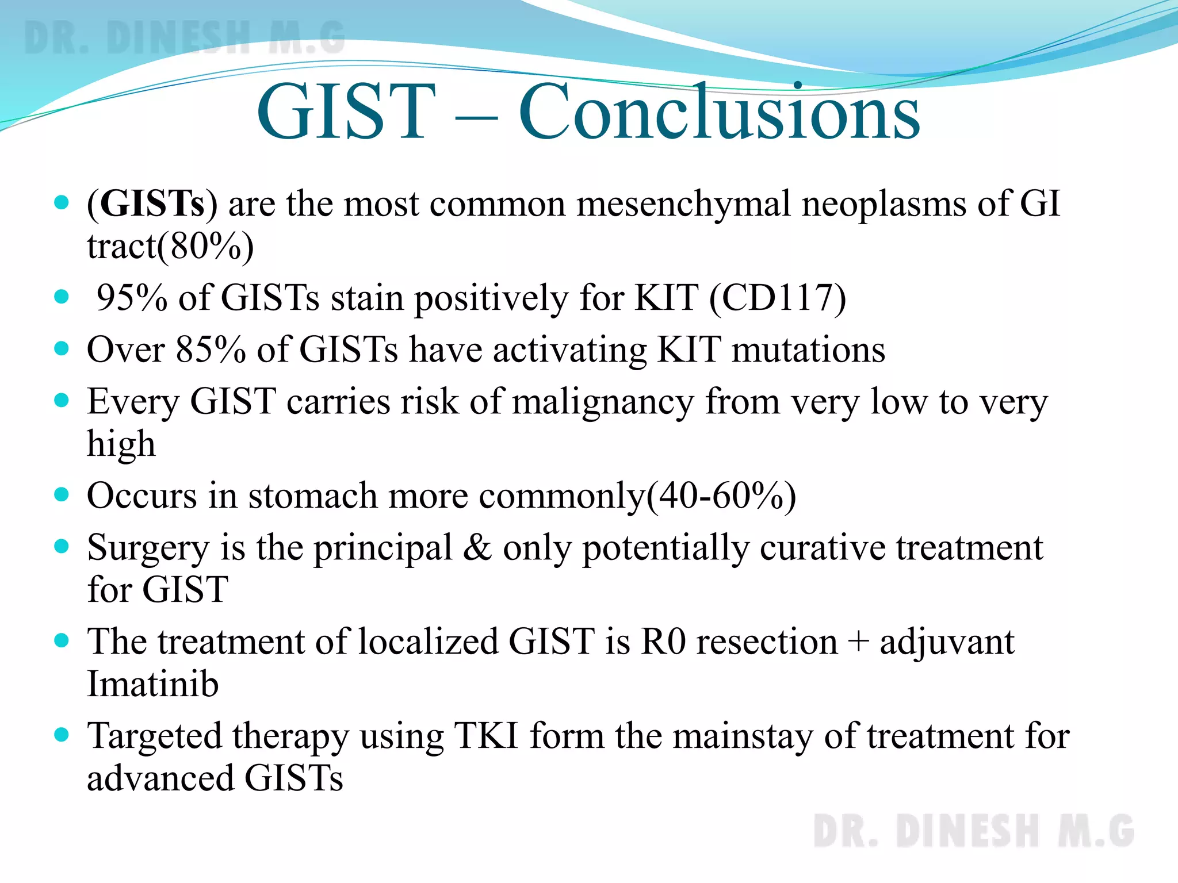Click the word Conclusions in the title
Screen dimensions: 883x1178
[719, 112]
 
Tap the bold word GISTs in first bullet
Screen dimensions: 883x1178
[152, 204]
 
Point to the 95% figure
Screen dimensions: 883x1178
[131, 298]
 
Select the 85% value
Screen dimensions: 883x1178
[211, 350]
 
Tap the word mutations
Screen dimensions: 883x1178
[808, 350]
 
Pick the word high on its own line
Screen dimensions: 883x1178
[121, 444]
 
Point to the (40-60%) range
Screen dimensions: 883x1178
[722, 496]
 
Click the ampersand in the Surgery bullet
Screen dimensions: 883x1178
[477, 547]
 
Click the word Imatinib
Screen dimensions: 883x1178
[152, 684]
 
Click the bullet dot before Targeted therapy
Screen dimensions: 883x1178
[62, 735]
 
